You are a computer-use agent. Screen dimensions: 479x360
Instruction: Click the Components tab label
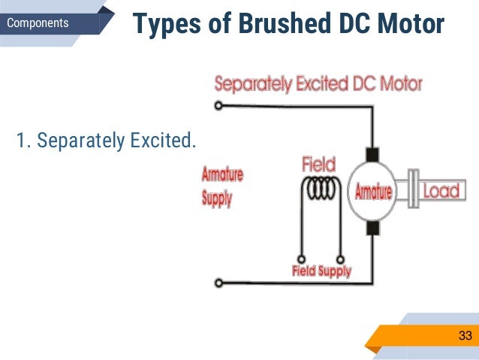[38, 23]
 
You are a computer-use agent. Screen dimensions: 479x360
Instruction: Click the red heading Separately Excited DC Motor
[318, 83]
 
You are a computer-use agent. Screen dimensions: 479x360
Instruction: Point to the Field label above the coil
[318, 163]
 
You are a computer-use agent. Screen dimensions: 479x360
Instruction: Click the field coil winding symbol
[319, 189]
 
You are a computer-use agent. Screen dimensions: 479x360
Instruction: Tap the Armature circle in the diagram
[373, 192]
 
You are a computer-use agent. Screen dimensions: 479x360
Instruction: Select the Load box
[440, 191]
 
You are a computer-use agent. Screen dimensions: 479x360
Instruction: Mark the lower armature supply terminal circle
[218, 283]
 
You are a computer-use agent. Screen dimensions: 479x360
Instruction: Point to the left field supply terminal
[301, 255]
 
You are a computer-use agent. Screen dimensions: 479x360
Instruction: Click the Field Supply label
[321, 271]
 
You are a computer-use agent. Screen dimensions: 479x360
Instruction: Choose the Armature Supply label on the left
[222, 186]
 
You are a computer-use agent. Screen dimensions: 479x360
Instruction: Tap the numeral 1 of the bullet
[20, 141]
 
